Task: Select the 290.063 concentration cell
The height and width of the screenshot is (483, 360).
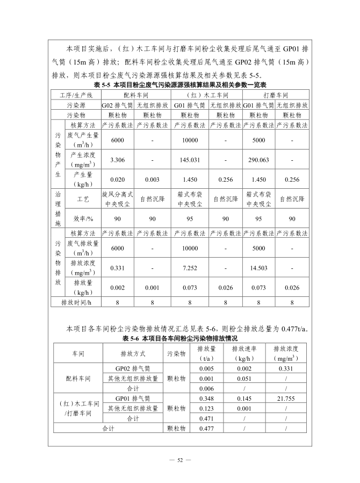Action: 258,160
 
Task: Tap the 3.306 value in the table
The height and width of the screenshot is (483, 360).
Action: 117,160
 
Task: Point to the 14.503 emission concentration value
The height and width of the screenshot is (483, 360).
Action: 258,267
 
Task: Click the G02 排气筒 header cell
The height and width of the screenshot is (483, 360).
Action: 117,105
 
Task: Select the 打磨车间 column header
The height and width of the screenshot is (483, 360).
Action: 276,95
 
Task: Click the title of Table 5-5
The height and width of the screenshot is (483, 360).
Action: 180,85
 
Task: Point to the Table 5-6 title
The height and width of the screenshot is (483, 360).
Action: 180,339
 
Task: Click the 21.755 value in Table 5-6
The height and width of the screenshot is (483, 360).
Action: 286,398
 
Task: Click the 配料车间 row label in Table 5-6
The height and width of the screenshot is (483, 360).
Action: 78,378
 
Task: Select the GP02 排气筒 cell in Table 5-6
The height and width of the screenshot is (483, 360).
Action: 132,368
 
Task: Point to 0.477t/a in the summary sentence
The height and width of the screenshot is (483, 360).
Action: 294,329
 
